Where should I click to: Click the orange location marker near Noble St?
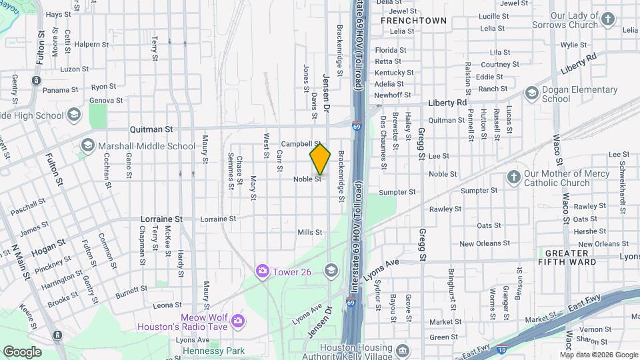(x=320, y=159)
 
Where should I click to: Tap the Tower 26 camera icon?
(x=263, y=270)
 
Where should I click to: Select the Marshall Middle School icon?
(x=87, y=145)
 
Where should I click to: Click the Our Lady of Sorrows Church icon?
(x=607, y=19)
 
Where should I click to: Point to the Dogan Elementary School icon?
(x=531, y=93)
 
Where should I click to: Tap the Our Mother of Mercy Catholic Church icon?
(x=513, y=177)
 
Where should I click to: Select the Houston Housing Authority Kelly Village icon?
(x=403, y=351)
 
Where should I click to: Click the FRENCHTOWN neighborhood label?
(x=413, y=21)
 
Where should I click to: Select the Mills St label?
(x=310, y=232)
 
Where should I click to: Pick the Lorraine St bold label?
(x=161, y=219)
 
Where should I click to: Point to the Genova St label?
(x=107, y=101)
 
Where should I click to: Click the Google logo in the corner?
(x=22, y=351)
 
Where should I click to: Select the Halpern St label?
(x=91, y=45)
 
